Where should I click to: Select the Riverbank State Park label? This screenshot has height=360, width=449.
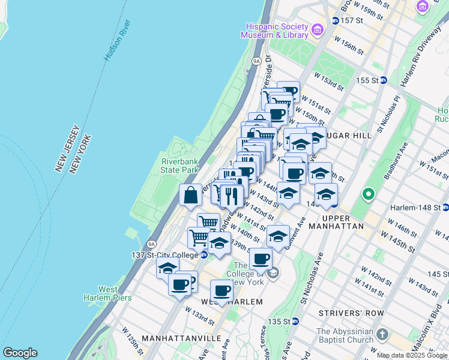[x=179, y=166]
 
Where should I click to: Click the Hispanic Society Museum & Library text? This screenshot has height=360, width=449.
[x=274, y=31]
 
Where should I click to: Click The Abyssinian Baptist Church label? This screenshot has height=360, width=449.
[x=345, y=336]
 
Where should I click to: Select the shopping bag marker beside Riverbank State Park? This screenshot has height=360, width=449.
[x=190, y=196]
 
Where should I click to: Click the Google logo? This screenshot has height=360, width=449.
[x=20, y=353]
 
